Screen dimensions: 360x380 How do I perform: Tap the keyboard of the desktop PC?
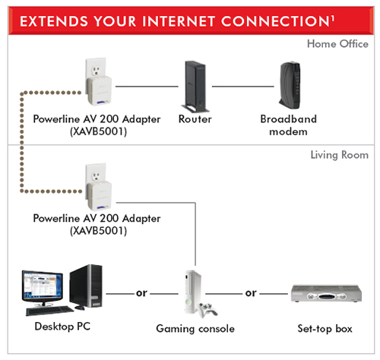coord(50,310)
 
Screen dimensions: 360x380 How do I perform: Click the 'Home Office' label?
coord(337,43)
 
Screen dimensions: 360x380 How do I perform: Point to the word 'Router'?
coord(195,119)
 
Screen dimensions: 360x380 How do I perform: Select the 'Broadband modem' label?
coord(288,125)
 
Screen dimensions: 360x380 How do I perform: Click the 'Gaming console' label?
coord(195,329)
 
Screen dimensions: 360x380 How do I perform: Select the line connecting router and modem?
coord(242,85)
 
